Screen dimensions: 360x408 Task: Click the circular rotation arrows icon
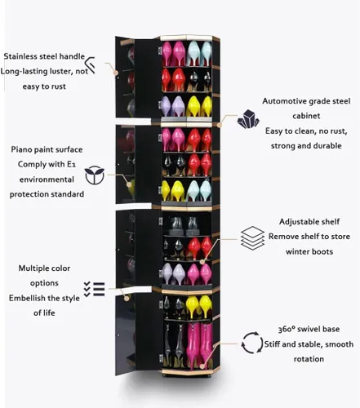click(x=252, y=343)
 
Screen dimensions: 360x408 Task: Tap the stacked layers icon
click(x=252, y=238)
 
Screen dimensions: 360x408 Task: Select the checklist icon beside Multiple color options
click(x=94, y=289)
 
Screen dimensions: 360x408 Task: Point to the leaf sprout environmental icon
click(x=95, y=175)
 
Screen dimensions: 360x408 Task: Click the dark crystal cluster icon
click(x=248, y=119)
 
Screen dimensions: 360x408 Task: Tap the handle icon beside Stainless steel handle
click(x=91, y=65)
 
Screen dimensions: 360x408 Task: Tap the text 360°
click(x=287, y=329)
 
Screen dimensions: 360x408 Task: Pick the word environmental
click(x=47, y=180)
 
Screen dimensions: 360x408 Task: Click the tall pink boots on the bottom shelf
click(x=199, y=344)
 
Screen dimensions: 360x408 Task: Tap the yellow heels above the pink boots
click(x=199, y=306)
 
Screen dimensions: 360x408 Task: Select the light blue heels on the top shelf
click(x=199, y=53)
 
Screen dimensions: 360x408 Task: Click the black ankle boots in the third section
click(x=184, y=226)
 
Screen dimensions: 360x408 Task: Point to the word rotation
click(x=309, y=359)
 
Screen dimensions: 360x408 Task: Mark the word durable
click(x=327, y=146)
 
